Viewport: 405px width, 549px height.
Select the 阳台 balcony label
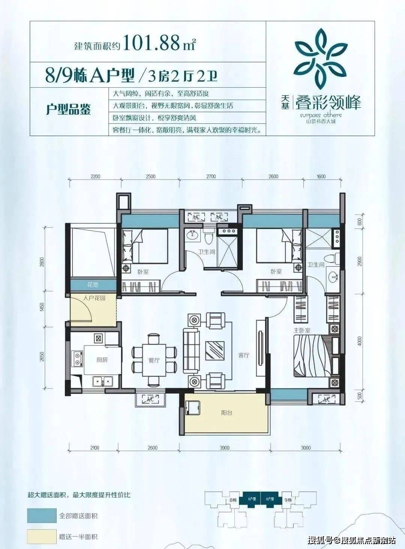226,413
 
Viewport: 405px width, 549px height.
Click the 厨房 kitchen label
102,360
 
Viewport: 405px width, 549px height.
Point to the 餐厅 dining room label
154,361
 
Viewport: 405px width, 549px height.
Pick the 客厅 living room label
244,355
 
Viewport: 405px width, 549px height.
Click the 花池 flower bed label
93,285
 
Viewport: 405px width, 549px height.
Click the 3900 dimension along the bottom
224,448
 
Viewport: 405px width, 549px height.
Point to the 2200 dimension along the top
95,177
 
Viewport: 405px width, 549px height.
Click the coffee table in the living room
215,351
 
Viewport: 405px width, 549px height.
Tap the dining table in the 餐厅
154,360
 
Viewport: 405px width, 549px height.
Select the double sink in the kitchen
102,381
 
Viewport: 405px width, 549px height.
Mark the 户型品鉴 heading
68,110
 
